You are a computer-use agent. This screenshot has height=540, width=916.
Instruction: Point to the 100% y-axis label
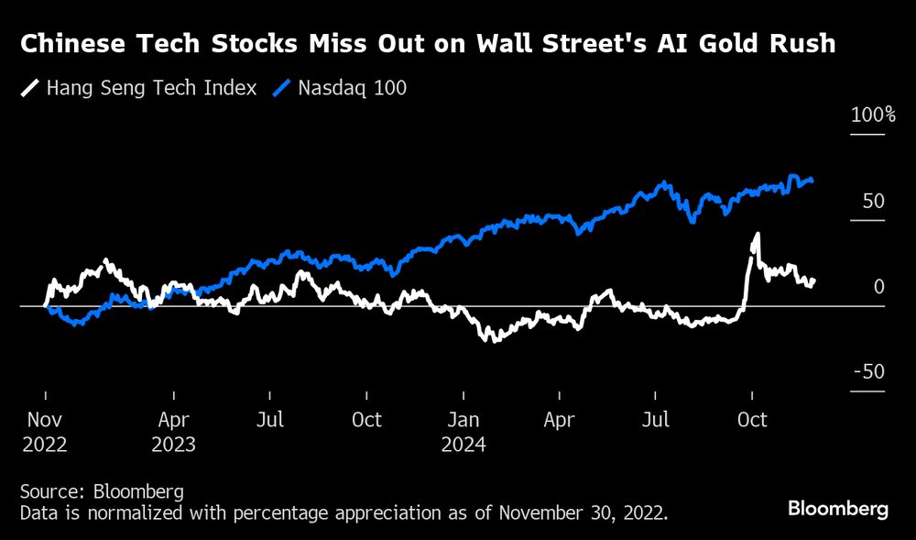coord(873,116)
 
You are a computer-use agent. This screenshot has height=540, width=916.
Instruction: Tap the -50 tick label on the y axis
coord(869,372)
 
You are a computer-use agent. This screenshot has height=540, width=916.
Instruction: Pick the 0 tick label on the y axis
coord(878,287)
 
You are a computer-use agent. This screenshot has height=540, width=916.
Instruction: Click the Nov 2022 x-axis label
coord(45,431)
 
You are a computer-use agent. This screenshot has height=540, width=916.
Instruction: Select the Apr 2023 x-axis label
coord(174,431)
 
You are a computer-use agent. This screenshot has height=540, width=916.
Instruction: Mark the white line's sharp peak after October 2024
coord(757,235)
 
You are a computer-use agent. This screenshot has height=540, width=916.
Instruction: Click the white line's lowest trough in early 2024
coord(495,340)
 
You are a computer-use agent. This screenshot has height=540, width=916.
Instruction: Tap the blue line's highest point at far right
coord(793,176)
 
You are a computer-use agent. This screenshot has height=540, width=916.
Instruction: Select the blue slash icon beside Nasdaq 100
coord(283,89)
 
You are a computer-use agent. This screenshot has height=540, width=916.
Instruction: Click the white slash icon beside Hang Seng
coord(31,89)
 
